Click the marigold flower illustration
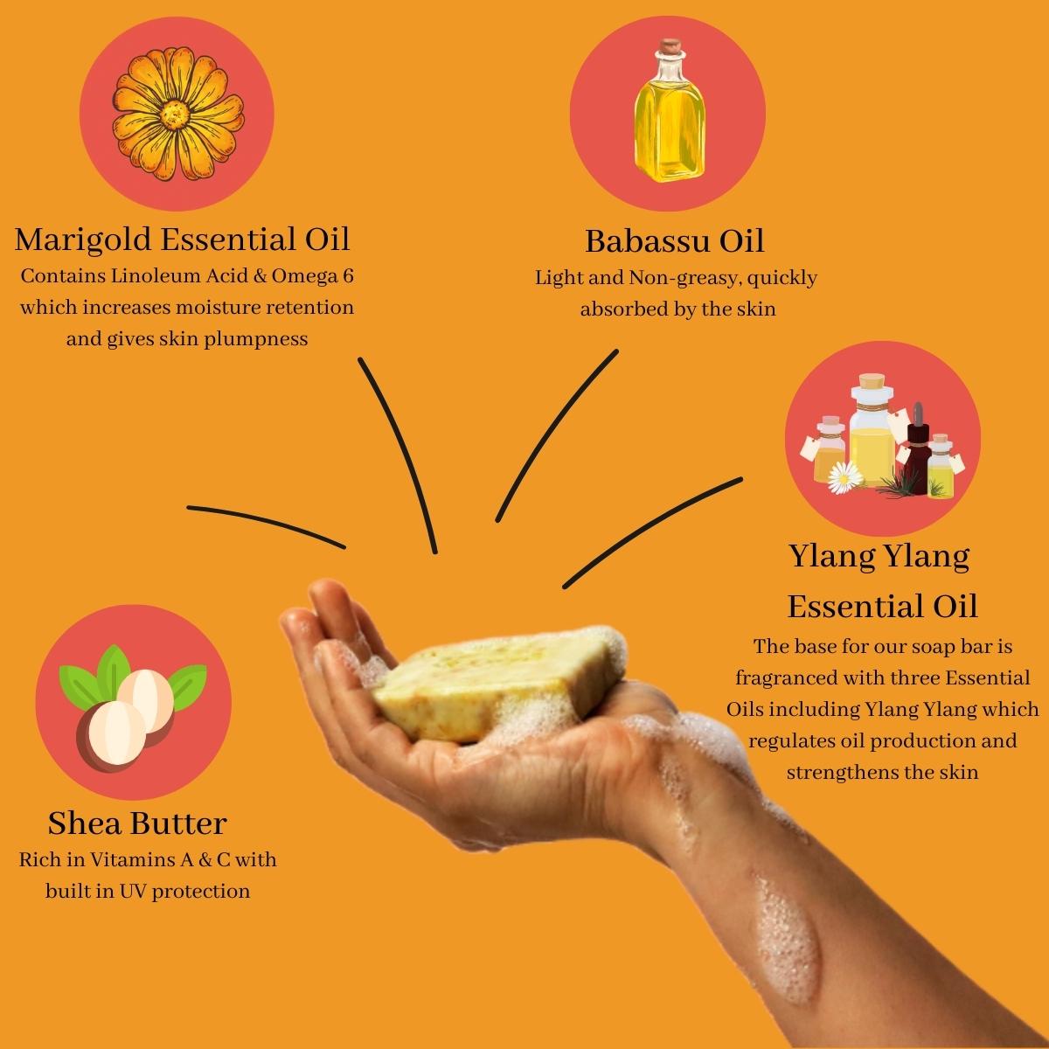[178, 115]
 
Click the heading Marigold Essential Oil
[182, 239]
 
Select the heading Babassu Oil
[674, 240]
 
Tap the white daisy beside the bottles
[845, 477]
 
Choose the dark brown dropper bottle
[917, 446]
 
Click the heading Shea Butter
[137, 823]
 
